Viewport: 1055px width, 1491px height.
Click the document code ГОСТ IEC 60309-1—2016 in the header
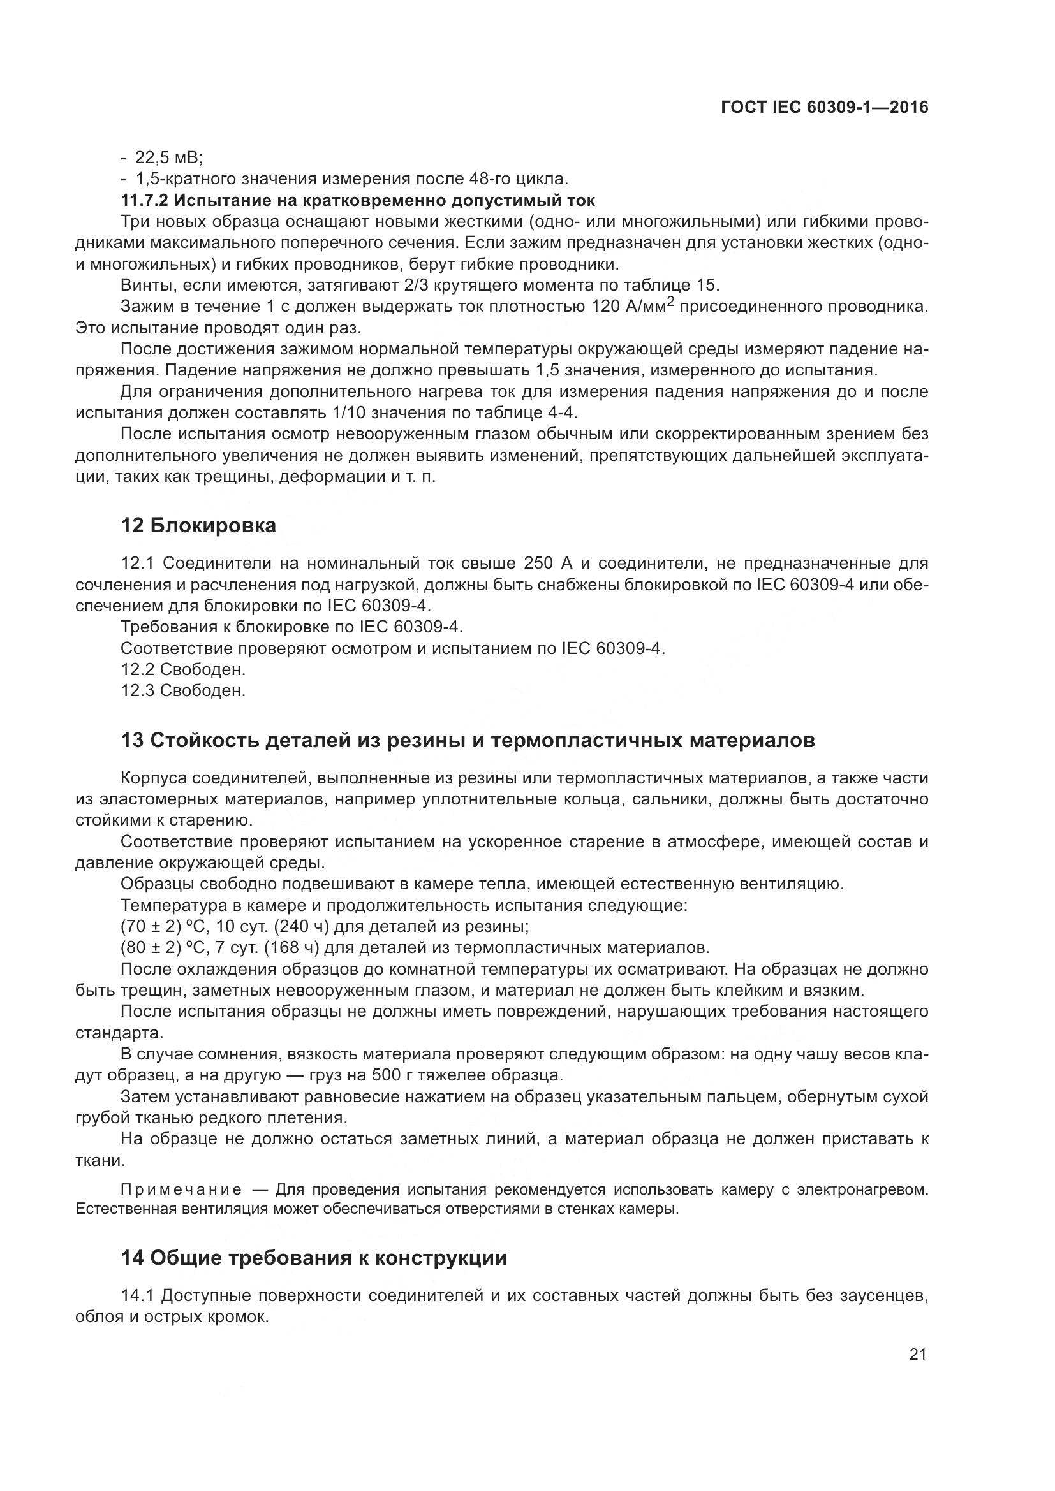[823, 108]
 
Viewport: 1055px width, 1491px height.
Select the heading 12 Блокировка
[198, 525]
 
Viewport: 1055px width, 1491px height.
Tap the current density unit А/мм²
[649, 307]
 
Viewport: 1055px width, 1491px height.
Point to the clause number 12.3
[137, 690]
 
